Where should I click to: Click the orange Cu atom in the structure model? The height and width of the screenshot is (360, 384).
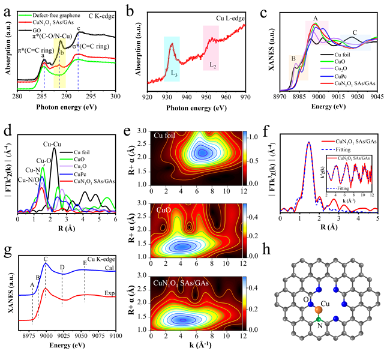(318, 309)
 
